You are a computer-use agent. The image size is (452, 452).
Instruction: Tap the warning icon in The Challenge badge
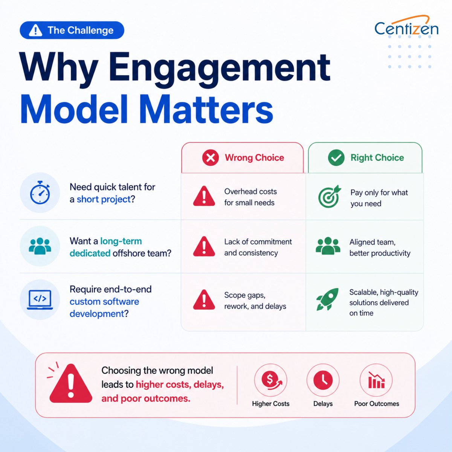[35, 30]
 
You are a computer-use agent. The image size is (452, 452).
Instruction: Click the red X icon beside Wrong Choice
[211, 157]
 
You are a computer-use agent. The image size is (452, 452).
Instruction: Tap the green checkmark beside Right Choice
[336, 157]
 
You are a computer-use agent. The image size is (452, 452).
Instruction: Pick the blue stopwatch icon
[40, 192]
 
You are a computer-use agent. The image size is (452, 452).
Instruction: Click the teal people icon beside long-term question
[40, 246]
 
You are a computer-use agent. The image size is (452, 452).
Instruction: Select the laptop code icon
[40, 299]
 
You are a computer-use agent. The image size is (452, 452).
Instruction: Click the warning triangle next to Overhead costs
[204, 196]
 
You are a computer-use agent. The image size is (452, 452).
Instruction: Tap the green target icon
[330, 196]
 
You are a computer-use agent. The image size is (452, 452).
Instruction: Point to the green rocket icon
[328, 299]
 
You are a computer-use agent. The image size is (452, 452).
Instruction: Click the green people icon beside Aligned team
[328, 246]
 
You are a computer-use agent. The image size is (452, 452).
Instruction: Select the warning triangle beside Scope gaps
[204, 300]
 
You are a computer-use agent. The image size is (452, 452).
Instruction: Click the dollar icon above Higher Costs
[270, 380]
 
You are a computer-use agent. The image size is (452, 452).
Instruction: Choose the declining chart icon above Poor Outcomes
[376, 380]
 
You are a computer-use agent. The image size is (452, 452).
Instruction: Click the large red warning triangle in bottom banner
[71, 384]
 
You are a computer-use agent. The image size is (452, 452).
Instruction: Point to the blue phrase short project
[104, 199]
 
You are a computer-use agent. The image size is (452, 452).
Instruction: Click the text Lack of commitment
[258, 241]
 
